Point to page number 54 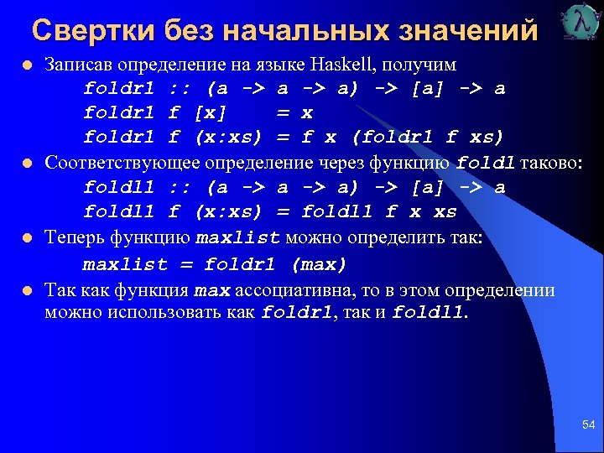[588, 426]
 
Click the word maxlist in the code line [125, 264]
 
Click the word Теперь [75, 237]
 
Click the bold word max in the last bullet [211, 291]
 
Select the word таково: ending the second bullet [549, 162]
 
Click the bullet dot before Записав [27, 65]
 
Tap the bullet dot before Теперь [27, 239]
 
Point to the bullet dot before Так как [27, 292]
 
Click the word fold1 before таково [487, 162]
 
